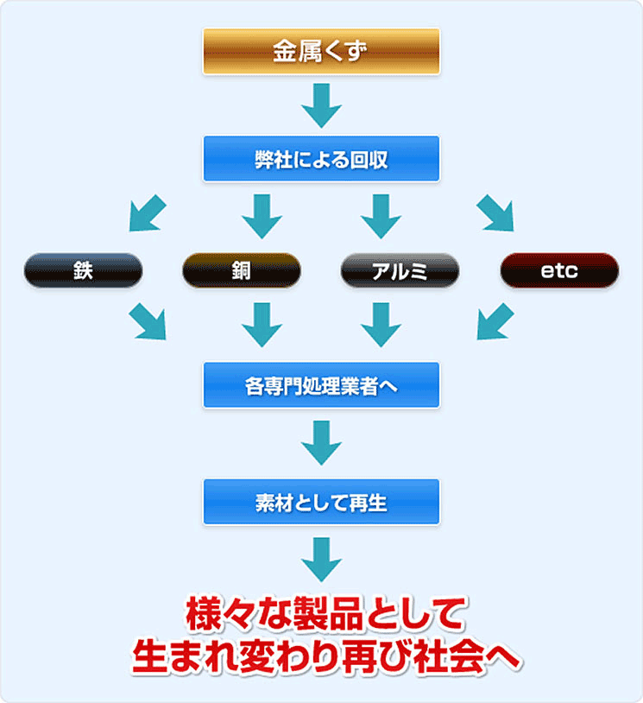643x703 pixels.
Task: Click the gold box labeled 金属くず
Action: (321, 51)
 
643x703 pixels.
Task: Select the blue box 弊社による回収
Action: (321, 159)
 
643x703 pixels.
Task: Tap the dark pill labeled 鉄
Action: (83, 270)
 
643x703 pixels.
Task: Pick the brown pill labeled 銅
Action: (242, 270)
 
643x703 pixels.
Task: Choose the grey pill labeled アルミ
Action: (400, 270)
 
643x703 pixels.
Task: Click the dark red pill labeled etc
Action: (559, 270)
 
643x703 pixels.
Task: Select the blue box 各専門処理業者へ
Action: (321, 384)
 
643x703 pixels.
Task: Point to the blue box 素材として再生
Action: (321, 502)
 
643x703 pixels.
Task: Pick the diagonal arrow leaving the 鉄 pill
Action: (148, 322)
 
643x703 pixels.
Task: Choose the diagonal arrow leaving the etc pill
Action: (495, 322)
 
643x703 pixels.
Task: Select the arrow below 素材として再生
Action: (321, 559)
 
